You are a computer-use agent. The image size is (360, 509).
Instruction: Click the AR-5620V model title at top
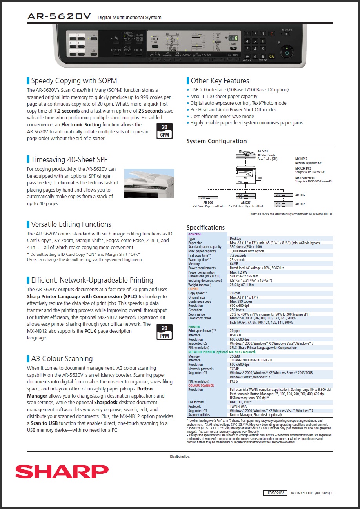pos(59,16)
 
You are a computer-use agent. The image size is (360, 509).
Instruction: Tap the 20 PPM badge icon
pos(164,332)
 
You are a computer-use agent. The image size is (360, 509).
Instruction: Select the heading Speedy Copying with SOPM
pos(74,81)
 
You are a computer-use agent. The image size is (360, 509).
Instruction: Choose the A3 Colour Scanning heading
pos(62,358)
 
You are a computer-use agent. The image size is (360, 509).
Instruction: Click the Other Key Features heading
pos(220,81)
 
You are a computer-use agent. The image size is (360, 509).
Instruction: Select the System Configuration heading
pos(216,141)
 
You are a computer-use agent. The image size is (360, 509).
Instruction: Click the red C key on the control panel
pos(272,34)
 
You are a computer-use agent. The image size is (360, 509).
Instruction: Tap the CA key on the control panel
pos(271,56)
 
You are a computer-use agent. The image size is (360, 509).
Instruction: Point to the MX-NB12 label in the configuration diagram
pos(301,159)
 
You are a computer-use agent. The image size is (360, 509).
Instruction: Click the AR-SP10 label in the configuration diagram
pos(263,151)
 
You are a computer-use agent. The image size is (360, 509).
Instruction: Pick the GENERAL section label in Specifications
pos(195,234)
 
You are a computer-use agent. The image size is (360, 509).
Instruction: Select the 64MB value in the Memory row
pos(235,264)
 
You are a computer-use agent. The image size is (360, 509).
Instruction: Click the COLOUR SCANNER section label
pos(201,385)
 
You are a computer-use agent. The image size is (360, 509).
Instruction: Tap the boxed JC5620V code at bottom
pos(275,493)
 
